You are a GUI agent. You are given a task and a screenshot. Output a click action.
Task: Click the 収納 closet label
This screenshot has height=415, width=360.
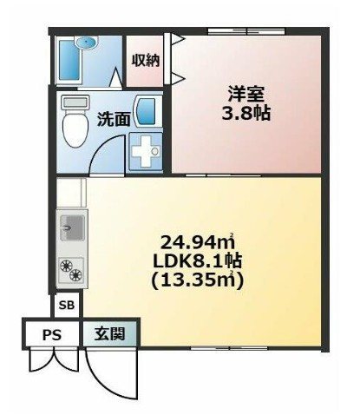pos(144,60)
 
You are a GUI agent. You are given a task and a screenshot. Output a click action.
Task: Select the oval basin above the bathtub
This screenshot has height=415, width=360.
pos(86,43)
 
